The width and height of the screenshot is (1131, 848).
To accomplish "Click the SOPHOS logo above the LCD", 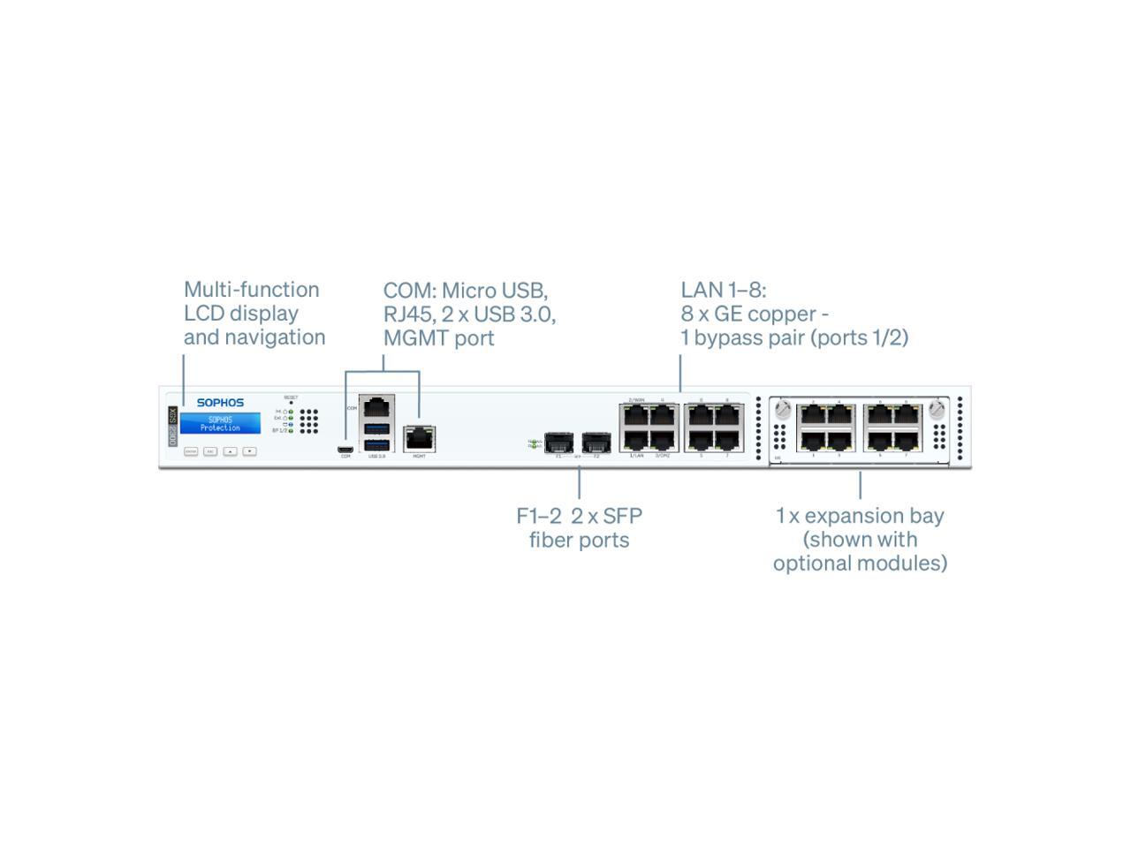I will tap(220, 403).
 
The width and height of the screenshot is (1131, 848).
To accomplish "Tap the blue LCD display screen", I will tap(220, 424).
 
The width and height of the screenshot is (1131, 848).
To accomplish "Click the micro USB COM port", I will tap(345, 449).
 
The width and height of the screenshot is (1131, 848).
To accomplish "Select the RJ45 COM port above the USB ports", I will tap(377, 407).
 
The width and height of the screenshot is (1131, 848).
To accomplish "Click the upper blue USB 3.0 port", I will tap(377, 428).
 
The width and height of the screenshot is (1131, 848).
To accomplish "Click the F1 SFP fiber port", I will tap(558, 441).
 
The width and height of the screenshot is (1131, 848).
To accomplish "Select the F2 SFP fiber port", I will tap(596, 441).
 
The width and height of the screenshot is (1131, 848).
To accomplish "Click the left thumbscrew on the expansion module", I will tap(782, 410).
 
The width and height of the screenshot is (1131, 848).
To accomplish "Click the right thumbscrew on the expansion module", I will tap(937, 410).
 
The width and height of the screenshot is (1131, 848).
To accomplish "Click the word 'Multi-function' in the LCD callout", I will tap(251, 290).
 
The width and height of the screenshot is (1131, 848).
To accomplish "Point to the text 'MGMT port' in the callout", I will tap(438, 338).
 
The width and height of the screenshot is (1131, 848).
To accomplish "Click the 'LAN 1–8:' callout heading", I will tap(724, 290).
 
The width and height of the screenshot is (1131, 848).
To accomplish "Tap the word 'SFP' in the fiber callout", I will tap(622, 516).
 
